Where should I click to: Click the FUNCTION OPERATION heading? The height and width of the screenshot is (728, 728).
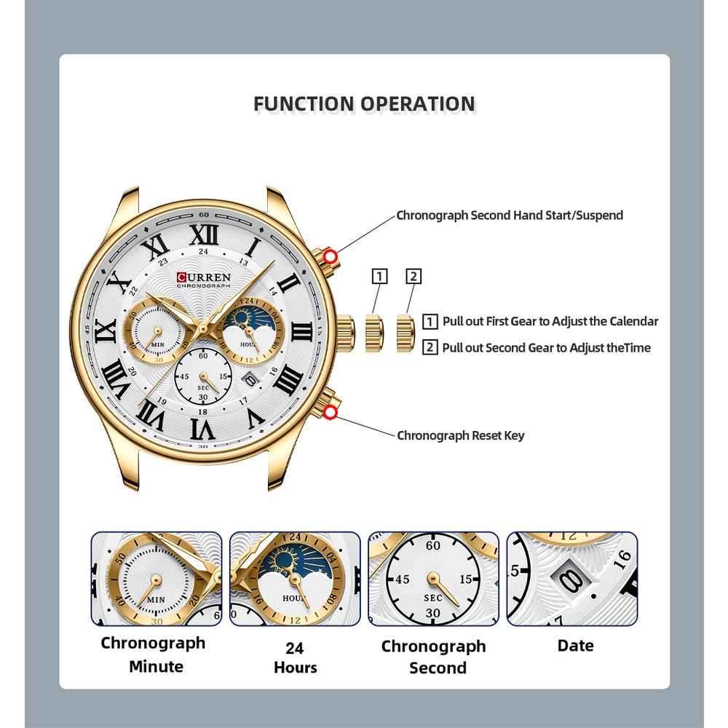tap(364, 104)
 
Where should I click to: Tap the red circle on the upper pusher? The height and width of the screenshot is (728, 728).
tap(331, 256)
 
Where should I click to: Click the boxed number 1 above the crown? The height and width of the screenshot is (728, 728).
tap(379, 277)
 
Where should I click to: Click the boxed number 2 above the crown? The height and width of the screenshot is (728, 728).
tap(414, 277)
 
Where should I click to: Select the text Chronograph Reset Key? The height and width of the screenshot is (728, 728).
tap(460, 435)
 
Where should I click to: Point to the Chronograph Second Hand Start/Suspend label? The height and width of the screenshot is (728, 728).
tap(510, 215)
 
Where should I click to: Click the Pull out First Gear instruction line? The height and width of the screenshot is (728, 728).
tap(550, 321)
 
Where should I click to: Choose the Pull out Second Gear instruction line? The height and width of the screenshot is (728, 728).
tap(546, 348)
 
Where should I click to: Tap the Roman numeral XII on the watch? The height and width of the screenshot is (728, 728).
tap(203, 234)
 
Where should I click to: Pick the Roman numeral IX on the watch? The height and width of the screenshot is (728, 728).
tap(106, 331)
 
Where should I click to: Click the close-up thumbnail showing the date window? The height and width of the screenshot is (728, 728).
tap(571, 579)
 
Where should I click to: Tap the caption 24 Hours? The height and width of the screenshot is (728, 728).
tap(295, 657)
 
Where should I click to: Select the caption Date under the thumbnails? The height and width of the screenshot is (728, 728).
tap(575, 646)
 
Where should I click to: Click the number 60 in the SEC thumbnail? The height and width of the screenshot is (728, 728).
tap(433, 545)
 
